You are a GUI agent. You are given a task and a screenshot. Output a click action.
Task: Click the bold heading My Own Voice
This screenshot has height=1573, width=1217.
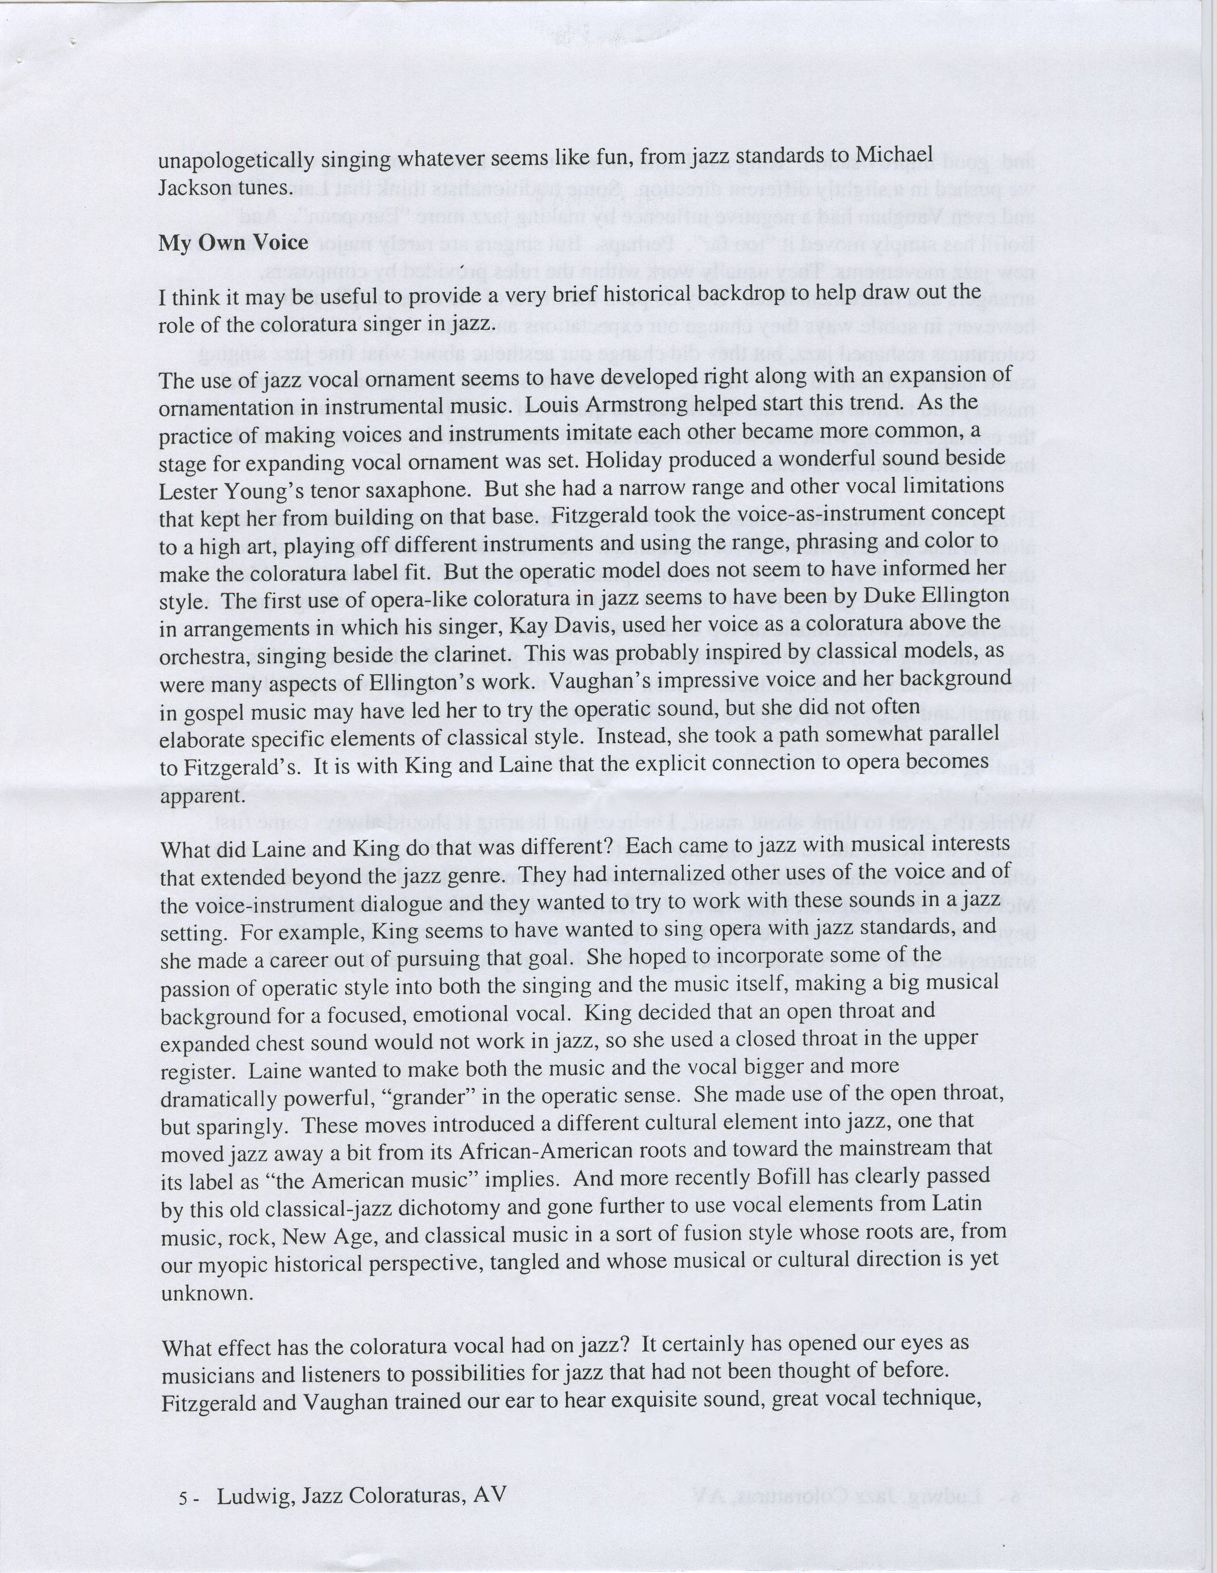[233, 243]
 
